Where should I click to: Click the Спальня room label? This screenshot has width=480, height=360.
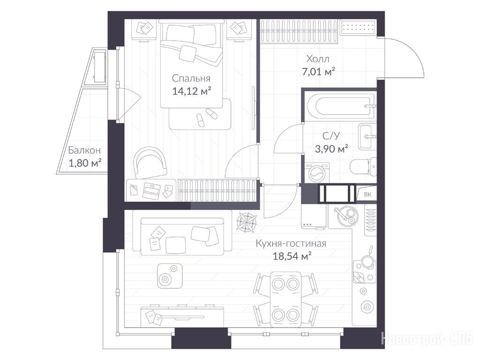coord(191,78)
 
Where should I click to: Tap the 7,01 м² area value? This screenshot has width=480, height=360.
coord(318,72)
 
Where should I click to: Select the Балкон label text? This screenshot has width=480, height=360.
coord(84,150)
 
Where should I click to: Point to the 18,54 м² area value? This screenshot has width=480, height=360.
coord(292,255)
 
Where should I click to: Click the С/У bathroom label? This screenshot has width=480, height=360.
coord(331,135)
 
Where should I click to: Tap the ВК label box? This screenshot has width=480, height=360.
coord(367,195)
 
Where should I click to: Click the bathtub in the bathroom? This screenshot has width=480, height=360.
coord(340,106)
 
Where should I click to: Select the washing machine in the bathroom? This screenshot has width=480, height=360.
coord(317,172)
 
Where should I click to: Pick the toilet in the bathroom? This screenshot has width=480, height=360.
coord(363,166)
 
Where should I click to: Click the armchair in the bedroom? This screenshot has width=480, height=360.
coord(150,162)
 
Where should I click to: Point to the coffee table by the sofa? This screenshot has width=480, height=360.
coord(170,276)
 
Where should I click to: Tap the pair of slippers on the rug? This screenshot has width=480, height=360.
coord(206,116)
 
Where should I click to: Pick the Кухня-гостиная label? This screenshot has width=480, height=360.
coord(291,243)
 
